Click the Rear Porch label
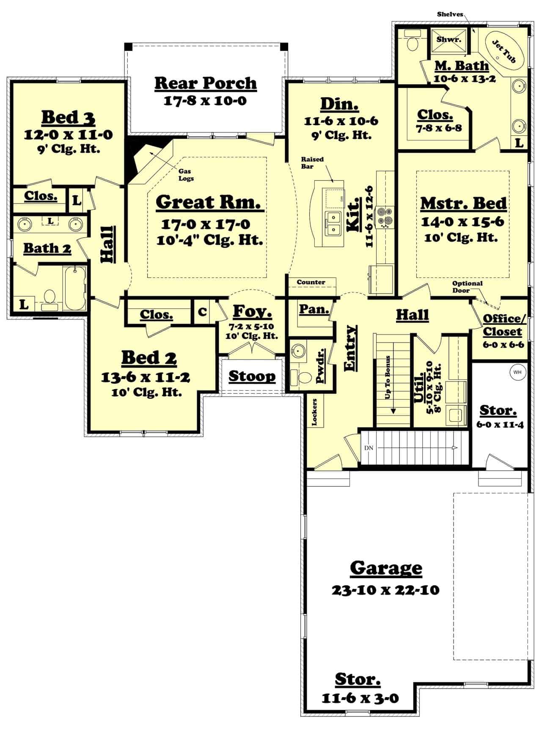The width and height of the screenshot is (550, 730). coord(205,83)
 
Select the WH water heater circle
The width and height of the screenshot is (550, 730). coord(517,372)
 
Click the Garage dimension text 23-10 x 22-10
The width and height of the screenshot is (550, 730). coord(385,590)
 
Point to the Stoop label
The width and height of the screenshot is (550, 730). coord(252,376)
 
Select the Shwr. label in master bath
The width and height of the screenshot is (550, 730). coord(448,39)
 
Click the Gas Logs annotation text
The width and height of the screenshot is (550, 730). coord(186,175)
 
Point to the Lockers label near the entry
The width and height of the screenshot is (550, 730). coord(314,412)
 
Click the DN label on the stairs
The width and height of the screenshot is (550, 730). coord(368,447)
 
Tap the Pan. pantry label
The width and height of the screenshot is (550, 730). coord(314,309)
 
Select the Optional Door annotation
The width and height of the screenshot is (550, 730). coord(467,287)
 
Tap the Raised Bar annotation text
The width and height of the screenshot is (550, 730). coord(313,162)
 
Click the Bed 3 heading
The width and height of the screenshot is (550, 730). coord(68,118)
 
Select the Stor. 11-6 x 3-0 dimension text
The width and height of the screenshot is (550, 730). coord(360,697)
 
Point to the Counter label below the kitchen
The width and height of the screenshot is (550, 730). coord(311,282)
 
